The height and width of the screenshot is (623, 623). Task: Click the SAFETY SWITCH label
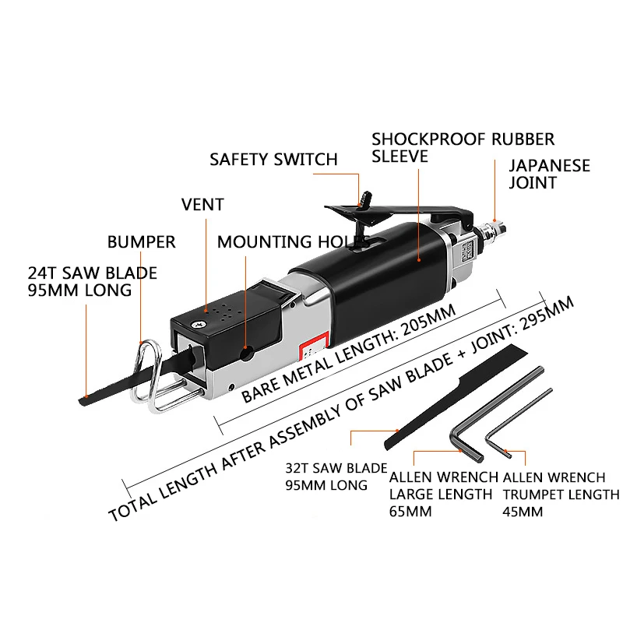[x=273, y=160]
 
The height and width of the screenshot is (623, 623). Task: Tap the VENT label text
[x=202, y=205]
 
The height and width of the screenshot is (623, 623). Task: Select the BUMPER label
[x=142, y=242]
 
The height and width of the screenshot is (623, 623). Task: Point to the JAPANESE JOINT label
[x=550, y=174]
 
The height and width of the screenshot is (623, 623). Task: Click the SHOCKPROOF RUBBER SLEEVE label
[x=463, y=147]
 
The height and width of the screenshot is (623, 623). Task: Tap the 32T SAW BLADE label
[x=336, y=468]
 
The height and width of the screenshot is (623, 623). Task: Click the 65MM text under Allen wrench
[x=410, y=512]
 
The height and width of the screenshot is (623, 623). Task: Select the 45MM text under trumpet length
[x=523, y=512]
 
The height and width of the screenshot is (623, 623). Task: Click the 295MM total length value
[x=545, y=315]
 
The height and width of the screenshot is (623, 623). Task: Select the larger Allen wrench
[x=497, y=414]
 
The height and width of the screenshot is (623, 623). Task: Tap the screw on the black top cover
[x=197, y=324]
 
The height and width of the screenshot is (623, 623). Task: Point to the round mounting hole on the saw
[x=247, y=353]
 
